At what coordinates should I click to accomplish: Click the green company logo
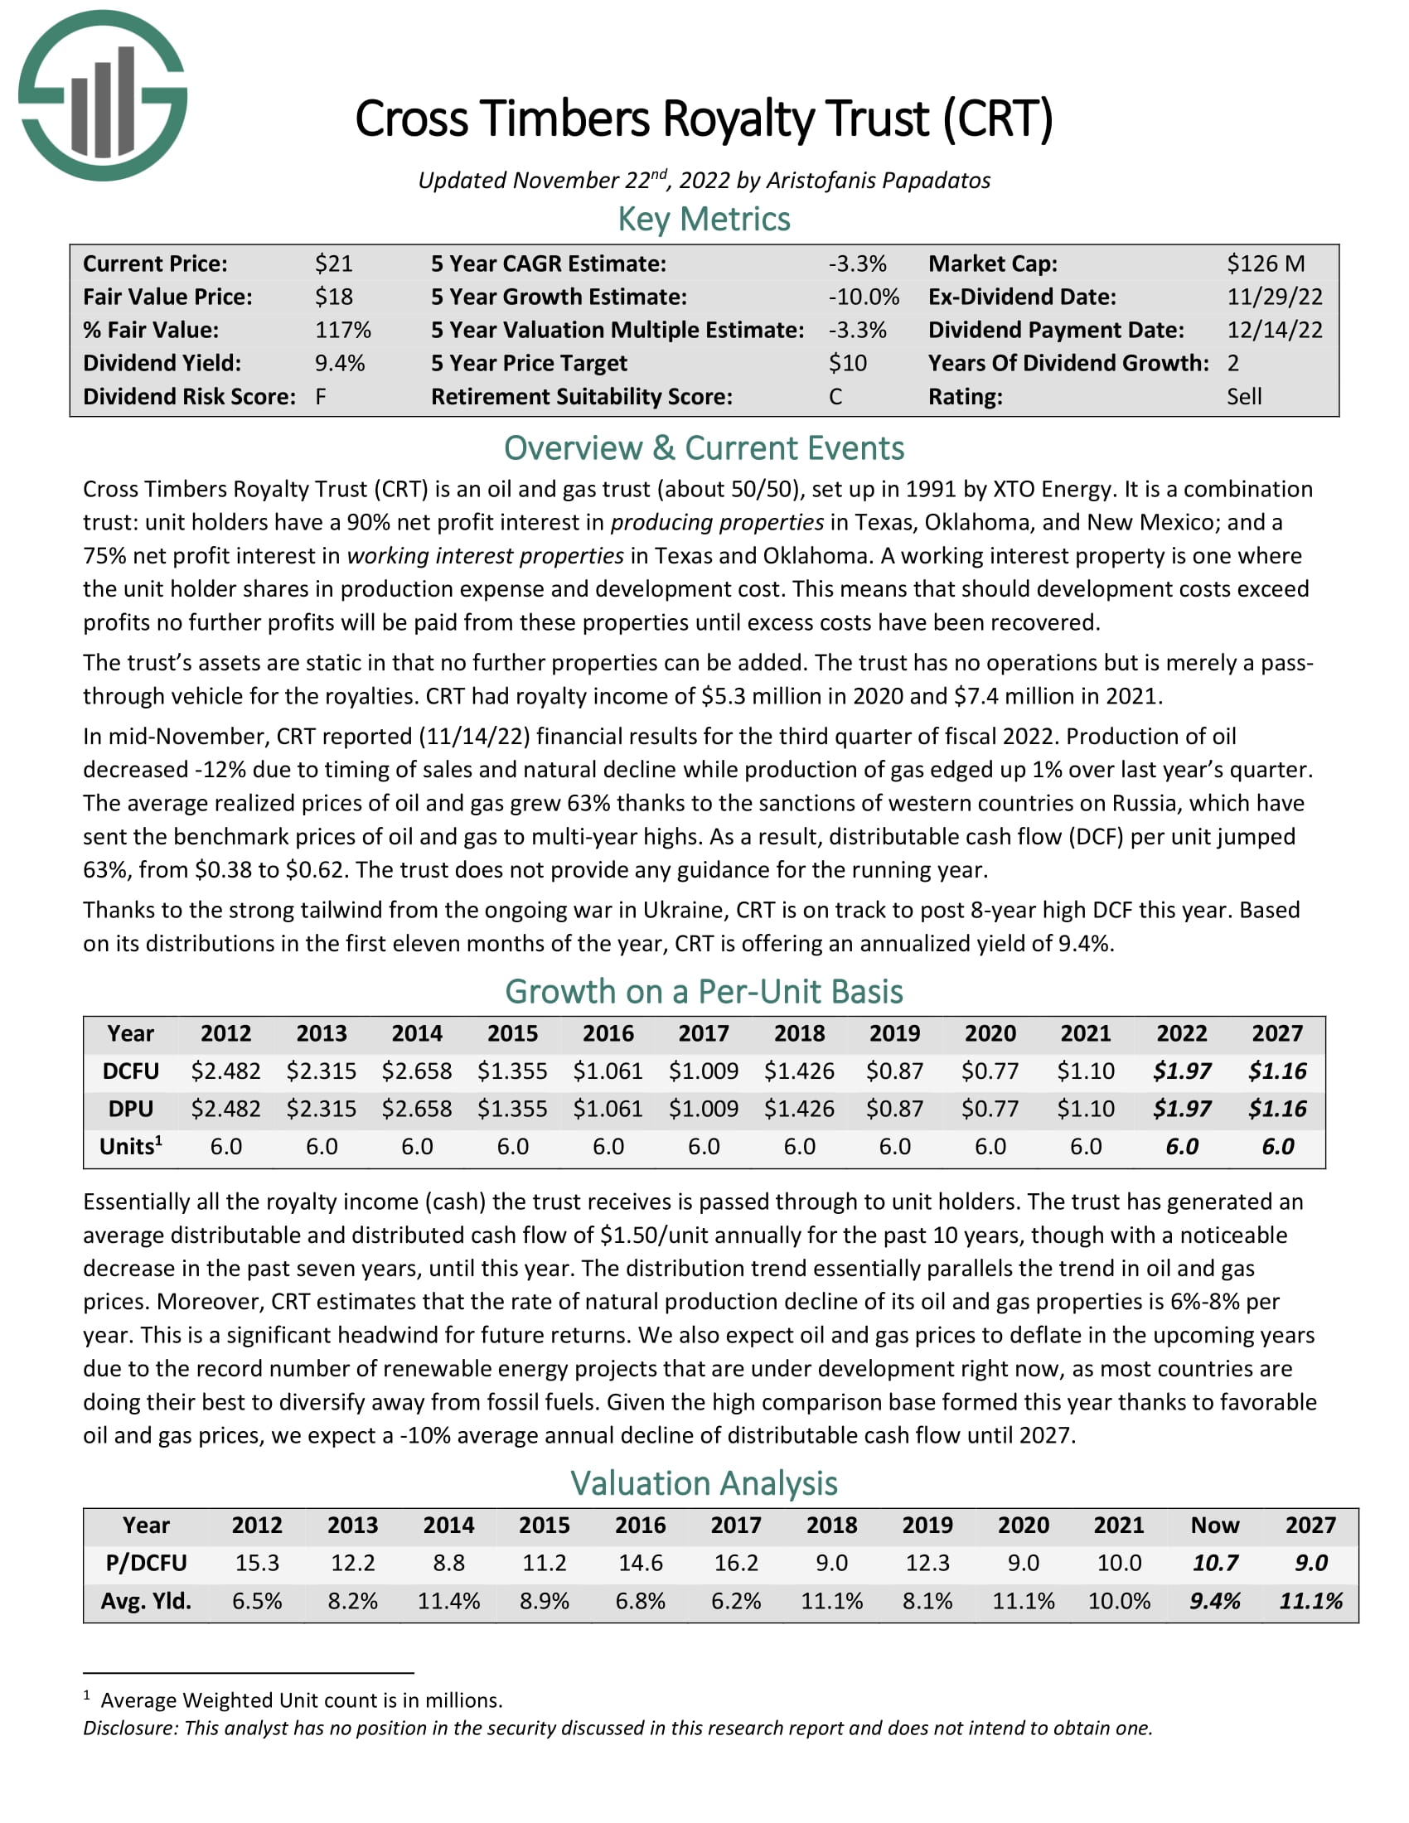(102, 96)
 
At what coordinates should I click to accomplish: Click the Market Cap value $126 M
(1265, 264)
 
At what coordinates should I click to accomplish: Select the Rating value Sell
(1244, 396)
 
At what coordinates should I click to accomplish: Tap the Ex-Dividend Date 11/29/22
(1274, 297)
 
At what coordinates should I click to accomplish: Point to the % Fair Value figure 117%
(342, 330)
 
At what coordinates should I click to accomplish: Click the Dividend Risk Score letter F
(321, 396)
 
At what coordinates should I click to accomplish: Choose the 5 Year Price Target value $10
(847, 363)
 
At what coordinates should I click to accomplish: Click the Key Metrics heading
(704, 220)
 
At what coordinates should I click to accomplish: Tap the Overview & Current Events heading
(704, 448)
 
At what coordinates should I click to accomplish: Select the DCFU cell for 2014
(417, 1071)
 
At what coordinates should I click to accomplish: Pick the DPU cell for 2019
(894, 1109)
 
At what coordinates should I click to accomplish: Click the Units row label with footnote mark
(130, 1146)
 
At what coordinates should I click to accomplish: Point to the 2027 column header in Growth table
(1276, 1033)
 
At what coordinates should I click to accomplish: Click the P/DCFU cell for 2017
(735, 1563)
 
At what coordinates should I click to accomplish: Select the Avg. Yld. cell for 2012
(257, 1601)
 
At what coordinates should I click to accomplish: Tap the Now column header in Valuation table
(1214, 1525)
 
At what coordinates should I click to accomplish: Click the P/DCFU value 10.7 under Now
(1214, 1563)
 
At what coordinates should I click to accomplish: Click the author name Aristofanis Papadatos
(878, 181)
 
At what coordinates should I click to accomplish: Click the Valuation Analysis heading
(704, 1483)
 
